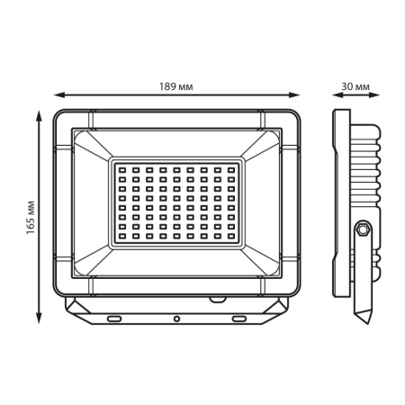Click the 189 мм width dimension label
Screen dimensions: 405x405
click(x=176, y=86)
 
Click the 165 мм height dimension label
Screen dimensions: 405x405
click(x=31, y=218)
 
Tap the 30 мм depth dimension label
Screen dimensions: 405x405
click(x=355, y=86)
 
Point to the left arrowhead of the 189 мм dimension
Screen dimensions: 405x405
click(x=59, y=95)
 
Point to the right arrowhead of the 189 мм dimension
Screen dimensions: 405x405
click(x=294, y=95)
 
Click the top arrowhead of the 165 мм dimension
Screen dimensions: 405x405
click(x=39, y=115)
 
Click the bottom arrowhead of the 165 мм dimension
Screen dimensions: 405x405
click(x=39, y=318)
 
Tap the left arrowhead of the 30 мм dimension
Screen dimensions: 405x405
click(x=337, y=95)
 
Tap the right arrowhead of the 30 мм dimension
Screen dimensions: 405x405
click(x=374, y=95)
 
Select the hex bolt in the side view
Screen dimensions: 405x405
click(x=363, y=229)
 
